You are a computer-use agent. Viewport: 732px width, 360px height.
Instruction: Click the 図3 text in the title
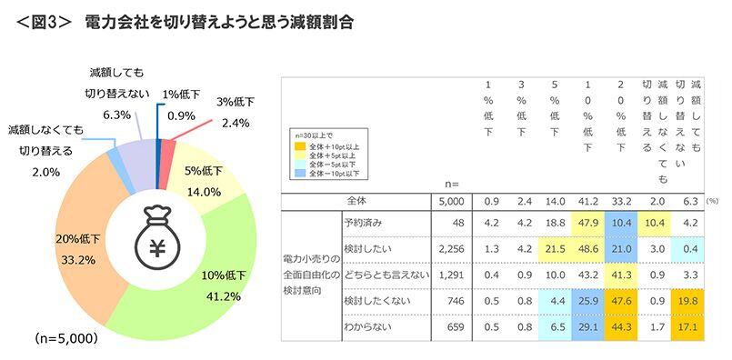[44, 20]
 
